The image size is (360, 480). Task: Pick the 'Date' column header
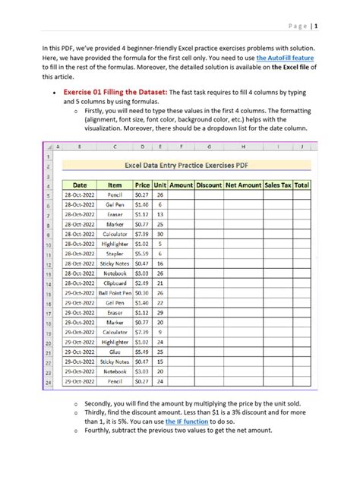click(x=80, y=185)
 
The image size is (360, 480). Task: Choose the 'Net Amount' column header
click(x=244, y=185)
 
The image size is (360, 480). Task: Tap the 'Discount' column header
click(x=208, y=185)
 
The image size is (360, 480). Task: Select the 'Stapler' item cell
click(x=115, y=254)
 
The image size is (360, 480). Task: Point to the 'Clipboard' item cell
click(x=115, y=283)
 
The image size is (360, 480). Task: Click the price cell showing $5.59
click(x=142, y=254)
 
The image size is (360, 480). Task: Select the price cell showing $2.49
click(x=142, y=283)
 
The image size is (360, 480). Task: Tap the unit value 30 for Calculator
click(x=159, y=234)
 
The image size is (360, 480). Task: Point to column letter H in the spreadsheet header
click(x=244, y=146)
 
